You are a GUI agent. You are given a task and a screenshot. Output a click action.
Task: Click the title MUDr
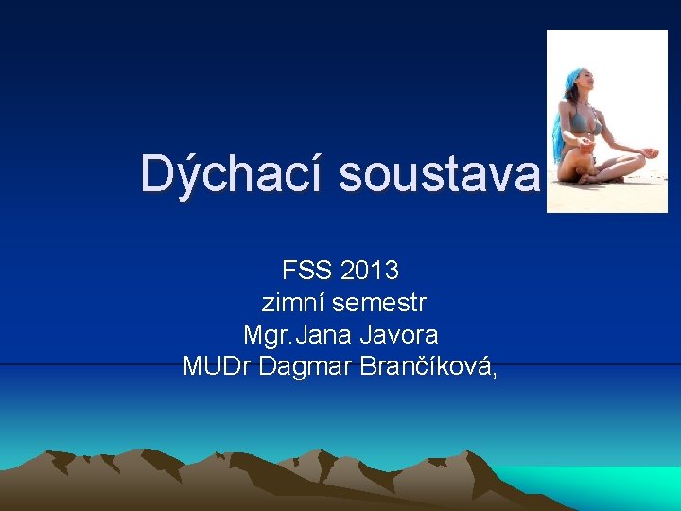217,367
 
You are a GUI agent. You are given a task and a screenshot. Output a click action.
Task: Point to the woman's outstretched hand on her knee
649,152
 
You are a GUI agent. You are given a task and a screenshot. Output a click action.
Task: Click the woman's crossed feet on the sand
591,177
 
